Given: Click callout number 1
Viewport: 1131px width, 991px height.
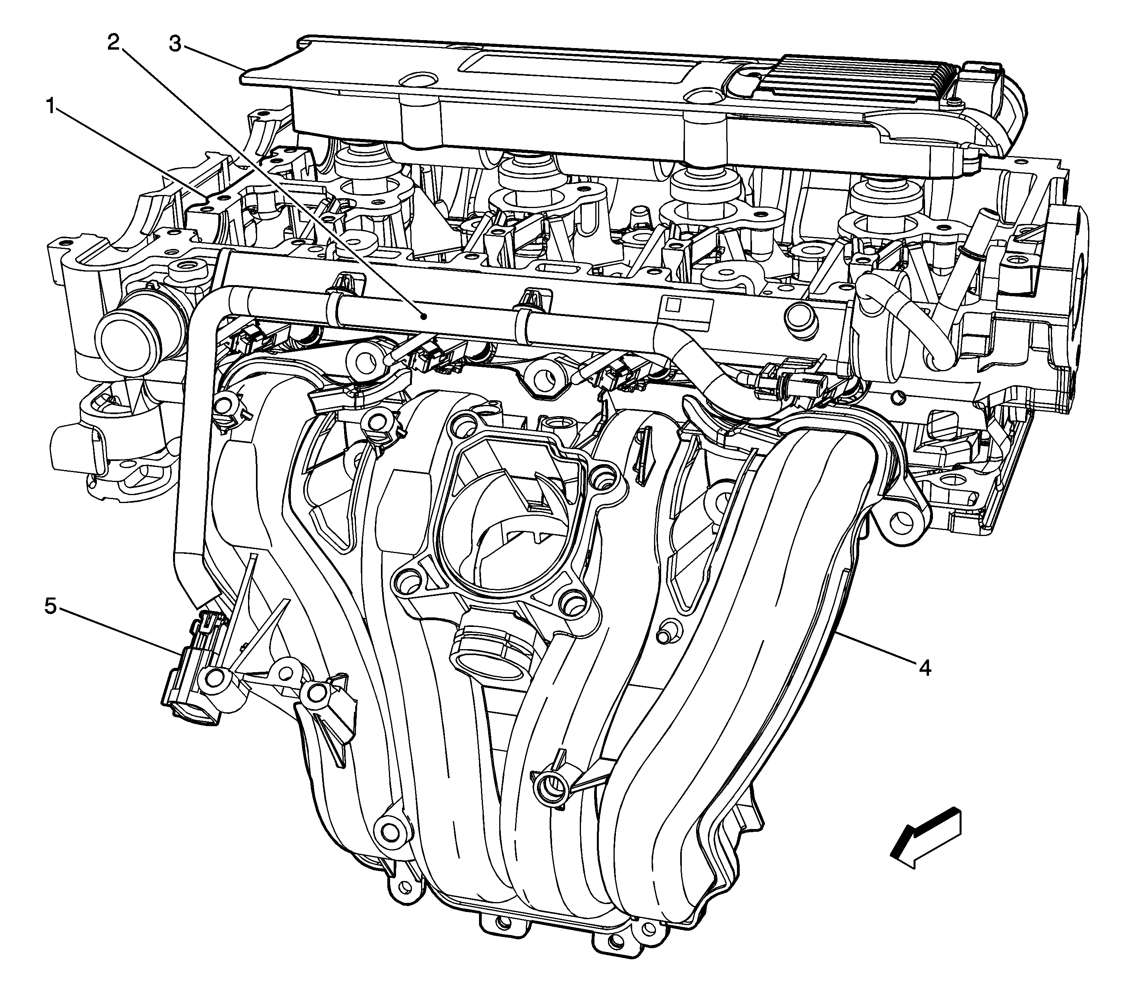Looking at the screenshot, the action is pyautogui.click(x=50, y=105).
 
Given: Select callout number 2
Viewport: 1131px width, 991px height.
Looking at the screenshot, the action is pyautogui.click(x=113, y=42).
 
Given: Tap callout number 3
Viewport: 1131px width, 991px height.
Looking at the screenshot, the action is pyautogui.click(x=175, y=44).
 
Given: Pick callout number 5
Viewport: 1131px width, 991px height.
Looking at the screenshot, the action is pyautogui.click(x=50, y=607).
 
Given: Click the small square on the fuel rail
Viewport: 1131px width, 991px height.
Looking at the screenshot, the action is pyautogui.click(x=672, y=304).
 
